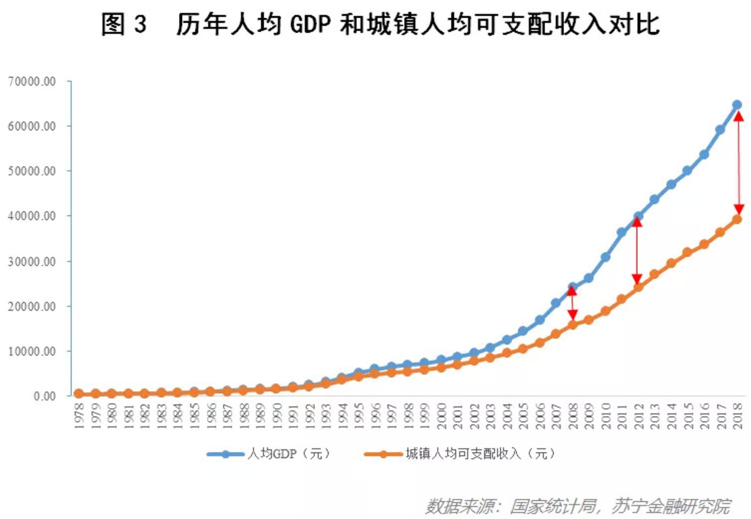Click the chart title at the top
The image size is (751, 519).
(x=380, y=25)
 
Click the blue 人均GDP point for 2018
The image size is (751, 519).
(x=737, y=105)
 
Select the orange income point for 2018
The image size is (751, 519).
(x=737, y=219)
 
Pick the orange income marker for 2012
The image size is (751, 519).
(x=638, y=287)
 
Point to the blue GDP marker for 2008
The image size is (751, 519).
(x=572, y=287)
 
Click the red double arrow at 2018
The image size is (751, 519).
(x=739, y=163)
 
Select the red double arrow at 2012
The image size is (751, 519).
(x=637, y=251)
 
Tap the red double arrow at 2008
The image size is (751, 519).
(x=572, y=304)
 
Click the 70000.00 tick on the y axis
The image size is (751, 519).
(x=32, y=82)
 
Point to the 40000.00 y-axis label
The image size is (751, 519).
(x=32, y=216)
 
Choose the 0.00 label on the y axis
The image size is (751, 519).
(x=45, y=396)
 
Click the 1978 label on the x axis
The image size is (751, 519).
(x=79, y=415)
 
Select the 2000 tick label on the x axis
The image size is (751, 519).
(x=441, y=415)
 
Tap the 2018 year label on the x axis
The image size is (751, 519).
(x=738, y=415)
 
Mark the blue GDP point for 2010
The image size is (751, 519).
(x=605, y=257)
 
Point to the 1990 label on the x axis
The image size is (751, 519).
(x=276, y=415)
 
